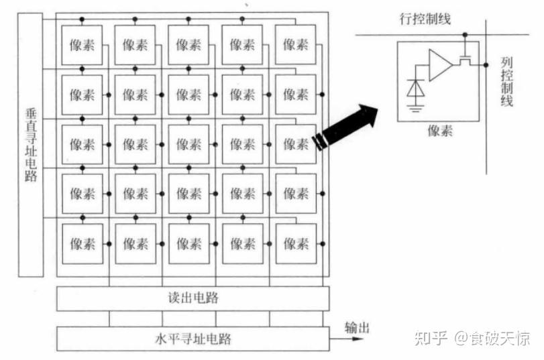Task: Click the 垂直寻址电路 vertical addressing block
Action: [x=31, y=143]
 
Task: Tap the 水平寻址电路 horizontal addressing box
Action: [x=193, y=338]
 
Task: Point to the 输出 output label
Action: [x=357, y=328]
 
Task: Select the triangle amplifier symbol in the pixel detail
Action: [x=440, y=64]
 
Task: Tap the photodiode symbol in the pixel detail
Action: [x=416, y=88]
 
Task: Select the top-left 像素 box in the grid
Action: [x=83, y=45]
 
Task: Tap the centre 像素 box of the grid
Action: [x=189, y=144]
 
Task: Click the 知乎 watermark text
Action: [x=431, y=338]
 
